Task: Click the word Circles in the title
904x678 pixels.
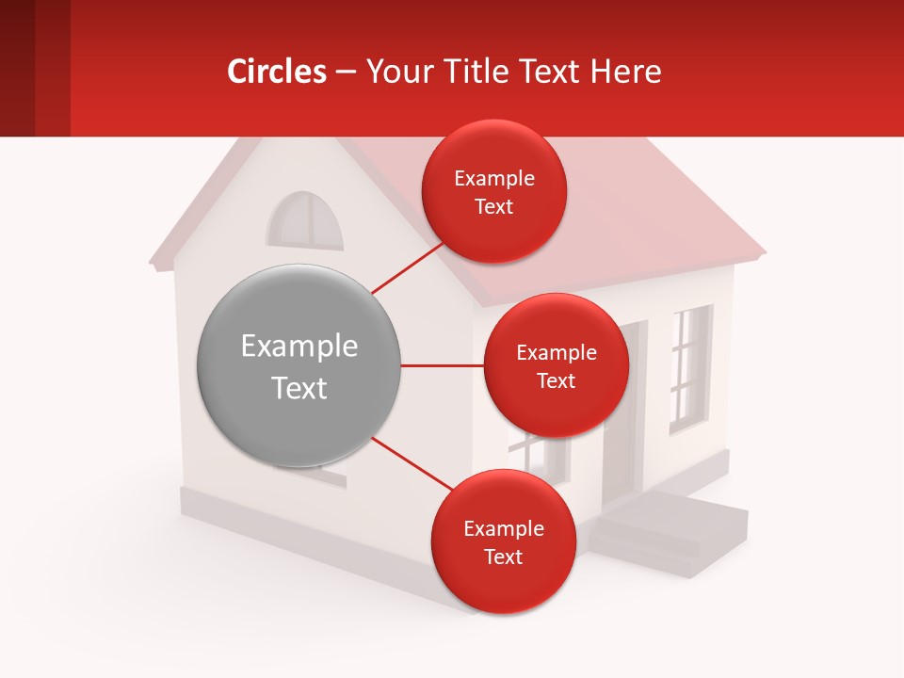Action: pos(277,71)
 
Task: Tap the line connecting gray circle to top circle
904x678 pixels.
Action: pos(407,268)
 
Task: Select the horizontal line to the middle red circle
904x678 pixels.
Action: pos(442,365)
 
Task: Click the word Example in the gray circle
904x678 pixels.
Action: pos(299,347)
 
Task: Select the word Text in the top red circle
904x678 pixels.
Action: pos(493,206)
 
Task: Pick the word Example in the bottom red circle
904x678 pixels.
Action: pos(503,528)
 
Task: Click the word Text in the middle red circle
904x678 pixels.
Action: pos(556,380)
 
